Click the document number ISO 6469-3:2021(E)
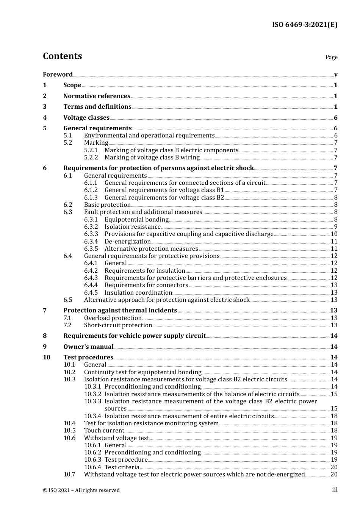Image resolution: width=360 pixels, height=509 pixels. point(304,25)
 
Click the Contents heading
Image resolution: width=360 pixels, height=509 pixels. point(62,56)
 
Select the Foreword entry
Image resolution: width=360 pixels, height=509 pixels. point(58,74)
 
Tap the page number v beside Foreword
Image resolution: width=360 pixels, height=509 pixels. point(336,75)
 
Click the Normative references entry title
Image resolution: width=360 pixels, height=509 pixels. point(97,96)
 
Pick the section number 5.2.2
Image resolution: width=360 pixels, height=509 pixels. point(91,158)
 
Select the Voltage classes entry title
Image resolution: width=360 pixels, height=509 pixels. point(86,118)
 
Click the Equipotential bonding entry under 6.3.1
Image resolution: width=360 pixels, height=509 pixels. point(136,220)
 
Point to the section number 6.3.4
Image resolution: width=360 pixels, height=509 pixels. point(91,242)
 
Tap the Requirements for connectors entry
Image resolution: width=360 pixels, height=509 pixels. point(146,285)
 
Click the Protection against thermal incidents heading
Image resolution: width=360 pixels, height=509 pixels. point(120,311)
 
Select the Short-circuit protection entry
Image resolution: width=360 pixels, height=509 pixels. point(118,325)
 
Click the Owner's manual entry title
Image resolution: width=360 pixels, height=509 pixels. point(88,347)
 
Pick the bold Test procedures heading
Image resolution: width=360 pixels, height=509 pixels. point(88,358)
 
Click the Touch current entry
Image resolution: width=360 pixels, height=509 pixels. point(104,431)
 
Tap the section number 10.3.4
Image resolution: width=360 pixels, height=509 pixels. point(93,416)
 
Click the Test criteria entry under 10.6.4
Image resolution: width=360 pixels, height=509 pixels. point(122,467)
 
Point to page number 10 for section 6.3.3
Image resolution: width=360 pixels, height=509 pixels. point(334,234)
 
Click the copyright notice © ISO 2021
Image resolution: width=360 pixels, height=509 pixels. point(81,490)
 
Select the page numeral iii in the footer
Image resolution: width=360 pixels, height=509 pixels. point(335,490)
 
